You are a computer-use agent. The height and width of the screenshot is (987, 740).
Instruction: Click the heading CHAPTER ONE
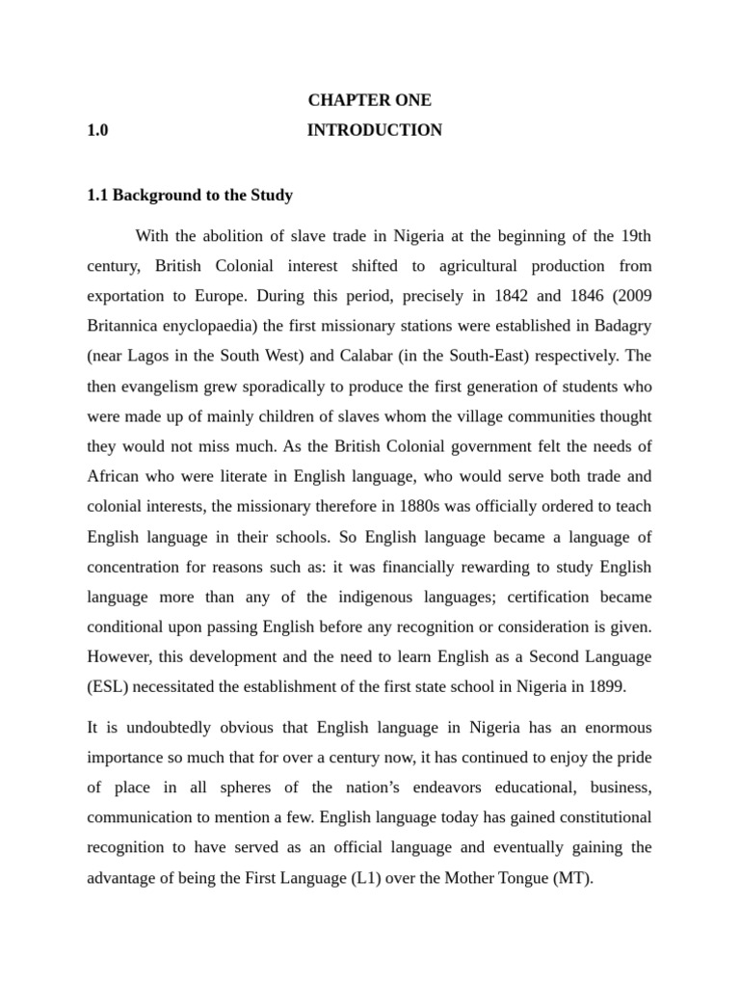click(370, 100)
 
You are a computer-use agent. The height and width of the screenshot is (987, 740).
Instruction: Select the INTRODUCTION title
click(375, 130)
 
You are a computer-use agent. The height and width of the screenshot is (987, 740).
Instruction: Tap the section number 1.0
click(97, 130)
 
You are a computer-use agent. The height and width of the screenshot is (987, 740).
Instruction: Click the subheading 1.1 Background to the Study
click(190, 195)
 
